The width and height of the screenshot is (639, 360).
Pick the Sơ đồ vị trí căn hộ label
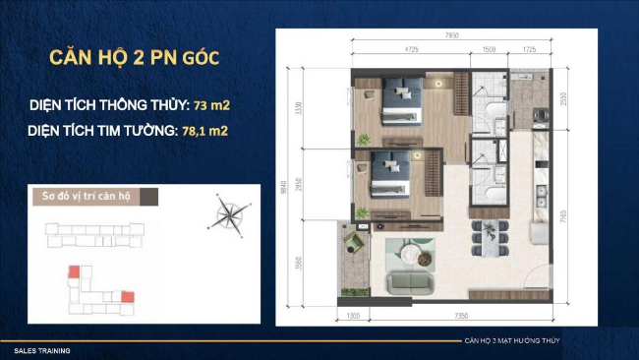(x=80, y=194)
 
